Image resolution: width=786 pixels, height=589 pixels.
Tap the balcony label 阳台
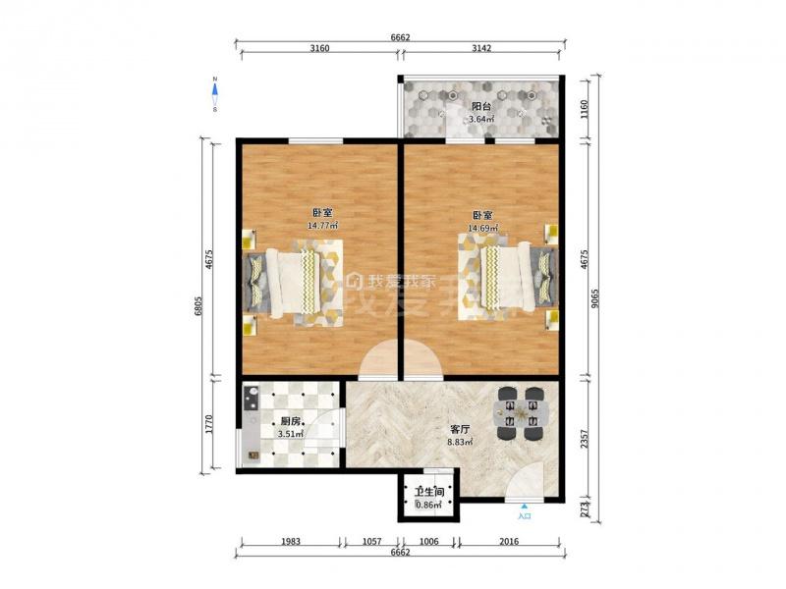[481, 106]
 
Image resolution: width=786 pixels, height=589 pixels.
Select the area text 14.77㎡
[322, 226]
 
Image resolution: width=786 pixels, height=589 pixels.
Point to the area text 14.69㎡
[482, 228]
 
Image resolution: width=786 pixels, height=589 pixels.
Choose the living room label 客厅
[460, 430]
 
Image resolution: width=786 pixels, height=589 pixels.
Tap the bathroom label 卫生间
[428, 493]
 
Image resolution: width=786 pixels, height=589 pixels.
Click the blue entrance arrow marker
[524, 507]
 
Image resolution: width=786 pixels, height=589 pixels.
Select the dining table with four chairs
[521, 413]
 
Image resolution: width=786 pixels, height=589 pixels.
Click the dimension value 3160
[319, 48]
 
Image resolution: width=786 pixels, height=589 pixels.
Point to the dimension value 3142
[481, 48]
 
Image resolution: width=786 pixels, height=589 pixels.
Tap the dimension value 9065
[594, 298]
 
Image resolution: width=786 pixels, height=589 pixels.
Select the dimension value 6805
[198, 305]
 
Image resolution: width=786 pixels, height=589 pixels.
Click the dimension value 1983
[291, 541]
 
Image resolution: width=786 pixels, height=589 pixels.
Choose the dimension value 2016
[509, 541]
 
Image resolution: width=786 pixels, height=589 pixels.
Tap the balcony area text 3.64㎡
[481, 119]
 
